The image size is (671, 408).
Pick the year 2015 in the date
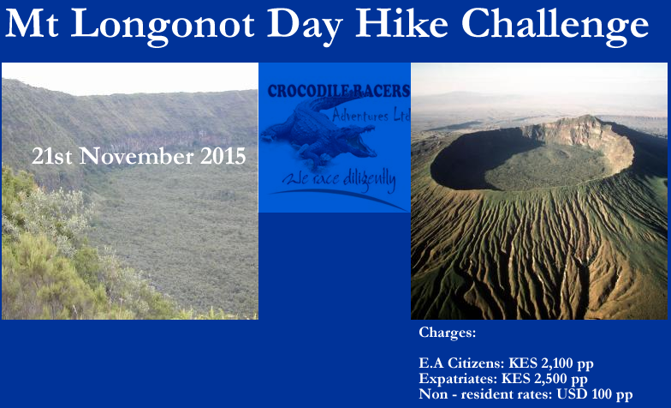[x=223, y=157]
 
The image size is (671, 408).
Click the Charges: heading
[x=447, y=333]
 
